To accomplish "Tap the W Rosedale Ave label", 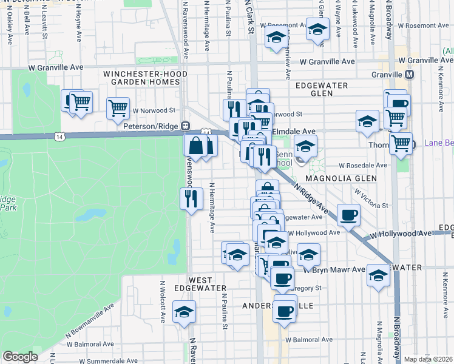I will pyautogui.click(x=362, y=165).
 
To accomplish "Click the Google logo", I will pyautogui.click(x=20, y=357).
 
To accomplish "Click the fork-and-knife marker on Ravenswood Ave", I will pyautogui.click(x=191, y=198).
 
